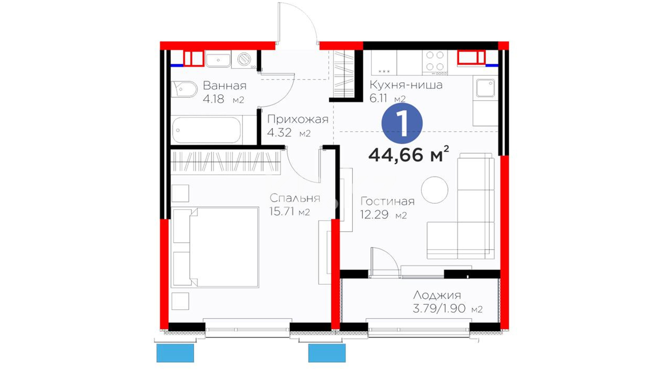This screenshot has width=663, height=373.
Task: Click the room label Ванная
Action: point(224,86)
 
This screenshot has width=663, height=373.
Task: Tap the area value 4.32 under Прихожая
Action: point(279,133)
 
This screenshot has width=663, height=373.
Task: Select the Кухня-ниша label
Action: point(406,85)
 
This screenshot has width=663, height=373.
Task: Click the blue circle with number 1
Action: point(402,123)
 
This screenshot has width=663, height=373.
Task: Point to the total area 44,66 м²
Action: point(409,154)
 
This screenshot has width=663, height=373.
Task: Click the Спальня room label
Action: point(295,198)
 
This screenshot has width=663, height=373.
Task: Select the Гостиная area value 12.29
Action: point(374,215)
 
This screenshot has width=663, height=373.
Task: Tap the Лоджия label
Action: point(437,295)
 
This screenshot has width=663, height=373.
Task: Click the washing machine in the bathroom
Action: point(244,59)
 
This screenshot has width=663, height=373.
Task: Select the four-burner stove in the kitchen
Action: point(435,63)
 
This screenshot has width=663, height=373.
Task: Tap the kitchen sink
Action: point(485,88)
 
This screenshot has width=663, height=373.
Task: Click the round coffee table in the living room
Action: point(435,190)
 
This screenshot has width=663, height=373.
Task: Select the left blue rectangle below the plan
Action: point(175,353)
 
